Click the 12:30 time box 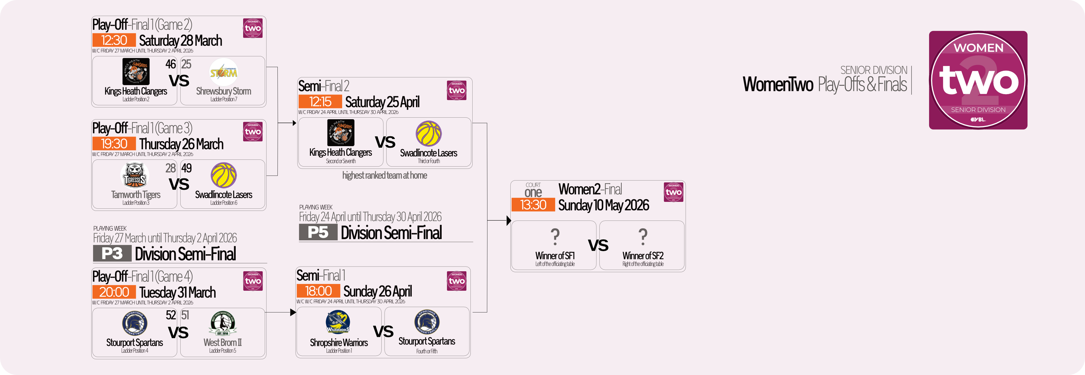(114, 40)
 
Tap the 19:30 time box (114, 143)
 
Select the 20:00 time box (114, 292)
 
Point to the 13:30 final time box (533, 205)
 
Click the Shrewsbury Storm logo (224, 72)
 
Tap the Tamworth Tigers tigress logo (135, 176)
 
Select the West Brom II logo (223, 324)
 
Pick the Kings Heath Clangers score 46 (171, 64)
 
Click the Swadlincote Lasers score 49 (187, 168)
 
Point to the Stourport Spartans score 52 (171, 315)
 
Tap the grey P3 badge (112, 254)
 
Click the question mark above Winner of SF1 (555, 237)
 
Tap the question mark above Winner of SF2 (643, 237)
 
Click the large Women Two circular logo (978, 80)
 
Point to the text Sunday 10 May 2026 (603, 205)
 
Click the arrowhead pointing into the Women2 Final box (509, 220)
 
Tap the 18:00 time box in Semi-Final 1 (319, 291)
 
